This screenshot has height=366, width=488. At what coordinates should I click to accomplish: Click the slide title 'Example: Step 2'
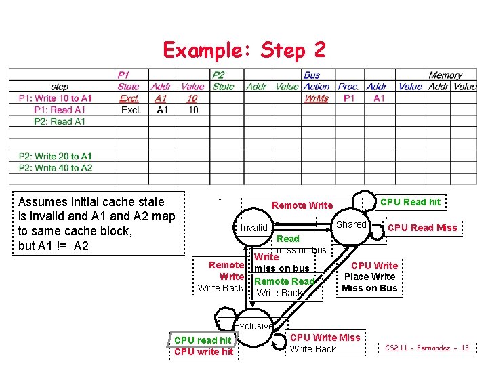point(244,49)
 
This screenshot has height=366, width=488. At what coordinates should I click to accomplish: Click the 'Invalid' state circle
point(254,228)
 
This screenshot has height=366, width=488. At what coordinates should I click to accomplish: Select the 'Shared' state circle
point(351,224)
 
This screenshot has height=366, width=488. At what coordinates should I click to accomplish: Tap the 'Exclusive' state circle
point(254,326)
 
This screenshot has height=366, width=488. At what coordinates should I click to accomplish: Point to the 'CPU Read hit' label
point(410,202)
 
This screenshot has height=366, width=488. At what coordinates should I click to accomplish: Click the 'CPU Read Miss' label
point(422,228)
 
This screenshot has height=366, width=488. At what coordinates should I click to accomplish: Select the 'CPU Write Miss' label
point(325,338)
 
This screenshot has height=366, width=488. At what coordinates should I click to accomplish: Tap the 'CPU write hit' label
point(203,352)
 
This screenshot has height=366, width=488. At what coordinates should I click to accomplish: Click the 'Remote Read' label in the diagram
point(285,281)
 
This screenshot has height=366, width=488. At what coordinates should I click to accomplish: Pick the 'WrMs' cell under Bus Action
point(317,98)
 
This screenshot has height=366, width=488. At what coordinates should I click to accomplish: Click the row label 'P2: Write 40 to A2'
point(56,167)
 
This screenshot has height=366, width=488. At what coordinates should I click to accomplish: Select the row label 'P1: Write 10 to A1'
point(56,98)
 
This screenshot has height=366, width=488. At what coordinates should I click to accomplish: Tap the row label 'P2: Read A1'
point(60,121)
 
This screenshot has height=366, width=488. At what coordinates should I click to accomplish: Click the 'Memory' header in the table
point(445,75)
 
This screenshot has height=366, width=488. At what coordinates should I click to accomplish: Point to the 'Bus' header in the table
point(312,75)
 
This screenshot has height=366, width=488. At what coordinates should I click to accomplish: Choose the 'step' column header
point(60,87)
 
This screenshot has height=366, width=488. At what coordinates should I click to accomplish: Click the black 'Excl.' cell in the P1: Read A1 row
point(131,110)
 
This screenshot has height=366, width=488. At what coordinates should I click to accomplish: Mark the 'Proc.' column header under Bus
point(348,87)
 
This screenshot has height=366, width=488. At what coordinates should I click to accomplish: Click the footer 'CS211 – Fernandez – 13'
point(427,348)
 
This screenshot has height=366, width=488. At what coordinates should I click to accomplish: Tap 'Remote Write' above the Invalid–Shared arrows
point(302,205)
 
